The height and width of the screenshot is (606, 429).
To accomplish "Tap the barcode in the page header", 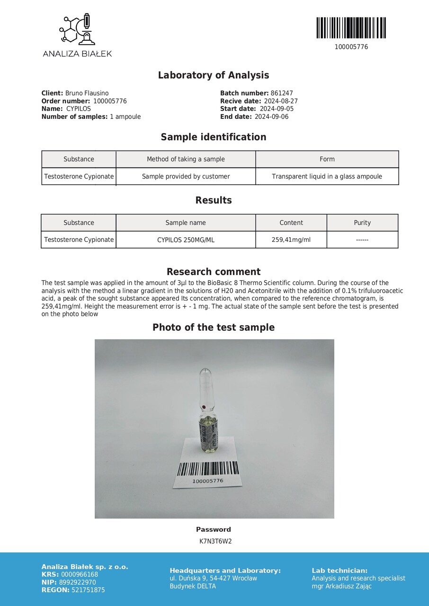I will [x=351, y=28].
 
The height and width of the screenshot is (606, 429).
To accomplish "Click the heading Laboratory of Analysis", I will [x=214, y=75].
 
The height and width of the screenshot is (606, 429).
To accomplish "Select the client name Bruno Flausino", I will [x=87, y=93].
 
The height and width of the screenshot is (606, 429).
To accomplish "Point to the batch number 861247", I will [x=282, y=93].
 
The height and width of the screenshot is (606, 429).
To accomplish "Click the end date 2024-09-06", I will [x=271, y=116].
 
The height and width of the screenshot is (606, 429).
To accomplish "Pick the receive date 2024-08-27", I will [x=280, y=101].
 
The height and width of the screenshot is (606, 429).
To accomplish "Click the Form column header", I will [x=327, y=159].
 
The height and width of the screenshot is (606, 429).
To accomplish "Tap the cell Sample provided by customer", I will [x=186, y=176].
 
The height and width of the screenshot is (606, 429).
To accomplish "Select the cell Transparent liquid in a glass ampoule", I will [x=327, y=176].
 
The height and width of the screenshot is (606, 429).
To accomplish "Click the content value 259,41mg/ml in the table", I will [x=291, y=240].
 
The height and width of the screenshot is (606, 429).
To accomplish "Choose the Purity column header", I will [x=362, y=223].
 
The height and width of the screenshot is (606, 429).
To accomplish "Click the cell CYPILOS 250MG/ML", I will [x=186, y=240].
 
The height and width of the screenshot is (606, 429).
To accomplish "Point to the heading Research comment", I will [x=214, y=272].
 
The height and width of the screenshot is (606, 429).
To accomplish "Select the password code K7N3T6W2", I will [x=215, y=541].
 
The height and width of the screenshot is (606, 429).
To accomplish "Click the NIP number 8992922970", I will [x=77, y=582].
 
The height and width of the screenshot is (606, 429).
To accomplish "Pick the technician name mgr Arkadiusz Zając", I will [x=341, y=586].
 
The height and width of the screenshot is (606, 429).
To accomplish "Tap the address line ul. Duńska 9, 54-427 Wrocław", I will [x=213, y=578].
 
